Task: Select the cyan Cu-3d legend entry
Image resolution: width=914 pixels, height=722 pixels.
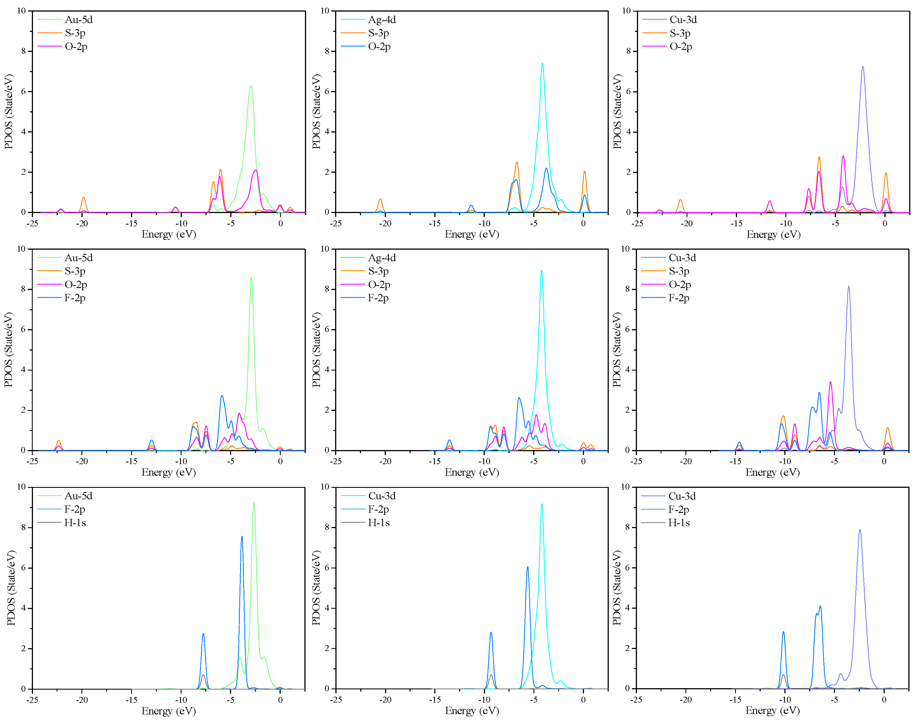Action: (381, 496)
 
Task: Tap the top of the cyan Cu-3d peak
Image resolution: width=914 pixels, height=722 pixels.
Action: (542, 504)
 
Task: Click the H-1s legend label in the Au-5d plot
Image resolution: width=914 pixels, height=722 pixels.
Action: (75, 523)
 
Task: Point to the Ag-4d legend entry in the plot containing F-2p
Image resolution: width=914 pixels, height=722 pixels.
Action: (381, 258)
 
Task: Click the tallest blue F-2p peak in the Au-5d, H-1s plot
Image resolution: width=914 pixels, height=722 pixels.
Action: (242, 537)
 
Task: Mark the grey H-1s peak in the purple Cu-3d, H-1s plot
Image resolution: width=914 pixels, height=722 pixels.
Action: (784, 675)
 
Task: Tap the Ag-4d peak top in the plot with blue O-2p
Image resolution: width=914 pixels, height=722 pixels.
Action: (542, 63)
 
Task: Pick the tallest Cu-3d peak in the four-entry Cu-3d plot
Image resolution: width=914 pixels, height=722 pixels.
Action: (848, 287)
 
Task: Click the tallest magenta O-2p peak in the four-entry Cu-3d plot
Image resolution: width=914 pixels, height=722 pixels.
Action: (831, 382)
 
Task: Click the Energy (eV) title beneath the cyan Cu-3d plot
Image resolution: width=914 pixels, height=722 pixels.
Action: (472, 711)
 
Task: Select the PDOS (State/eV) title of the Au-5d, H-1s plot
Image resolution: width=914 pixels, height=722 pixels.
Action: (11, 588)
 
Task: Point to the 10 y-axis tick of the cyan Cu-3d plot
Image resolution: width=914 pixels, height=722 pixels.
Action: (325, 487)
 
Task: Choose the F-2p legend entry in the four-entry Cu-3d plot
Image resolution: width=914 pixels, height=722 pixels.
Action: (679, 298)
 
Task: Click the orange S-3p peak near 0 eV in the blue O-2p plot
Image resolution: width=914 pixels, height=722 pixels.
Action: (585, 171)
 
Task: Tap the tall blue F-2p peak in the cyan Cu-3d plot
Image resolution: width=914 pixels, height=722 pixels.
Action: (528, 567)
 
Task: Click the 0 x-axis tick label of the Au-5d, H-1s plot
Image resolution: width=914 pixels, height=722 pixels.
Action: (280, 699)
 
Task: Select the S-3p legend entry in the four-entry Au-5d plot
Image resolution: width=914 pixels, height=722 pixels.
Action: (75, 271)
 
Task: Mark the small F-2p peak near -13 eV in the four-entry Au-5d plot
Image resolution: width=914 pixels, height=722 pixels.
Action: (152, 440)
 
